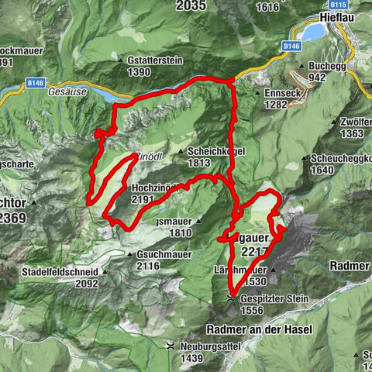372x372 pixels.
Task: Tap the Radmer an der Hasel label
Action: [x=260, y=329]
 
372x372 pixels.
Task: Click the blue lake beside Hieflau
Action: [x=314, y=31]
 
